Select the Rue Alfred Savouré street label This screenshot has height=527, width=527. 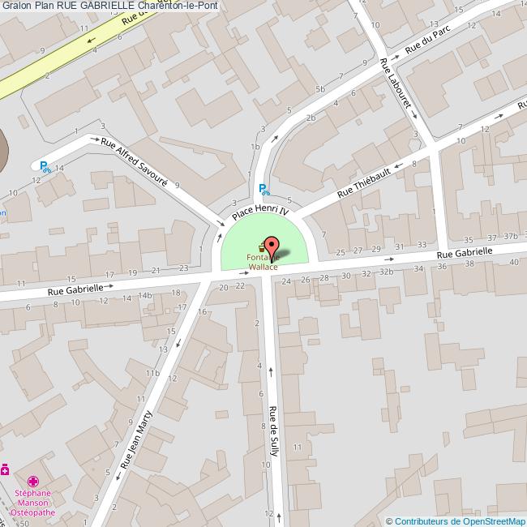(x=134, y=161)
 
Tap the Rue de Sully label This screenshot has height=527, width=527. (x=273, y=431)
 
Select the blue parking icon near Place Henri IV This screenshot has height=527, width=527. (x=263, y=191)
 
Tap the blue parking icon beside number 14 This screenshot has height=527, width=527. (x=45, y=167)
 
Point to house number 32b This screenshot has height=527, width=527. (x=386, y=272)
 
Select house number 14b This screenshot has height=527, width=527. (x=145, y=295)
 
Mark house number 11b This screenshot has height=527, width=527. (x=152, y=372)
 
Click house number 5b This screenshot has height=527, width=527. (x=321, y=89)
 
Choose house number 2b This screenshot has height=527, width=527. (x=311, y=118)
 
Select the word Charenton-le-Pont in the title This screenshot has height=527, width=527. (x=178, y=6)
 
